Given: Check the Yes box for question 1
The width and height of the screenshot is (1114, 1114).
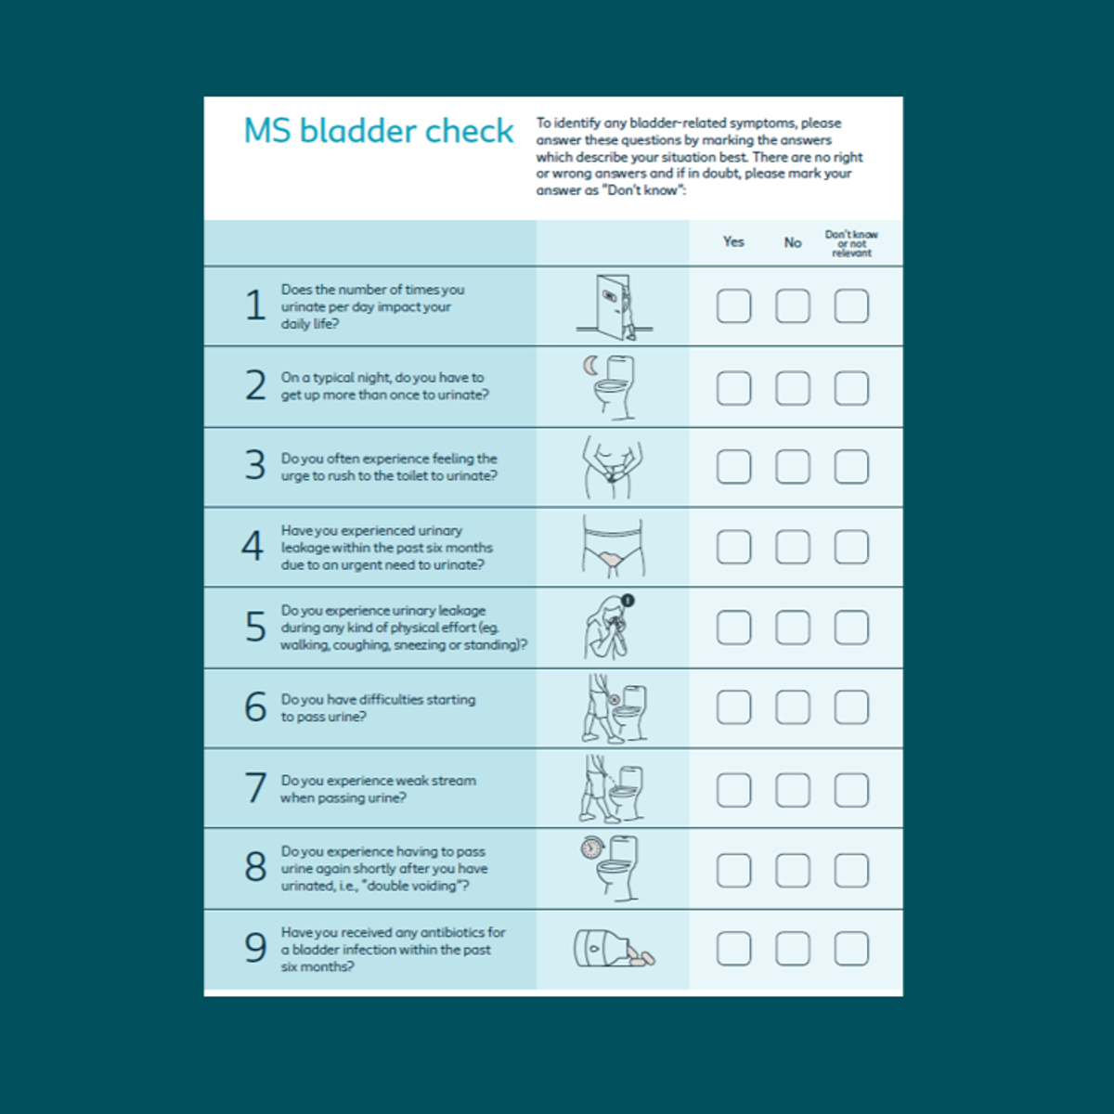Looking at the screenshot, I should point(733,306).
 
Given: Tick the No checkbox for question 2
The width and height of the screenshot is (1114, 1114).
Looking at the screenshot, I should point(792,388).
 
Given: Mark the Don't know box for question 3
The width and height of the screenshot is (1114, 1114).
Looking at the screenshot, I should point(851,467).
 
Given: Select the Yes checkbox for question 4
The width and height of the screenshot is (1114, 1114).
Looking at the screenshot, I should point(733,548).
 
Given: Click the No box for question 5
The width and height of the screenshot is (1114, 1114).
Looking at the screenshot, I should point(792,628).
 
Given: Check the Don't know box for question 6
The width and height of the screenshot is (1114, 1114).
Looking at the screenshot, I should point(851,707).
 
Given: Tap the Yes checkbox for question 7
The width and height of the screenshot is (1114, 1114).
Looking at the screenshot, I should point(733,790).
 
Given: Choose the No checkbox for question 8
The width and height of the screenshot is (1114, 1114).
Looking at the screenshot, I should point(792,871).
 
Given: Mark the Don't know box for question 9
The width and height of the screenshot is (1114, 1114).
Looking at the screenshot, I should point(851,949).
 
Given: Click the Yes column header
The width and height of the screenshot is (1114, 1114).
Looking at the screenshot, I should point(733,242).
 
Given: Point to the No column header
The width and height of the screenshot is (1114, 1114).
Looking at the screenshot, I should point(792,242).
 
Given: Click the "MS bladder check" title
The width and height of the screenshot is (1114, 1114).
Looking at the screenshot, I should point(378,131).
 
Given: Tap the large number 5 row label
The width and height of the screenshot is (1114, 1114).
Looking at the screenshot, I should point(255,628).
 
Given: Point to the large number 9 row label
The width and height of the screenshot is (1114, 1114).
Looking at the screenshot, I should point(255,948).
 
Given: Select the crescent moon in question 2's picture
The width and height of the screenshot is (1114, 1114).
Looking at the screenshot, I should point(589,366).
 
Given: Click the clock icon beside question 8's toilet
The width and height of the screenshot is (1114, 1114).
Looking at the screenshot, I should point(591,847).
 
